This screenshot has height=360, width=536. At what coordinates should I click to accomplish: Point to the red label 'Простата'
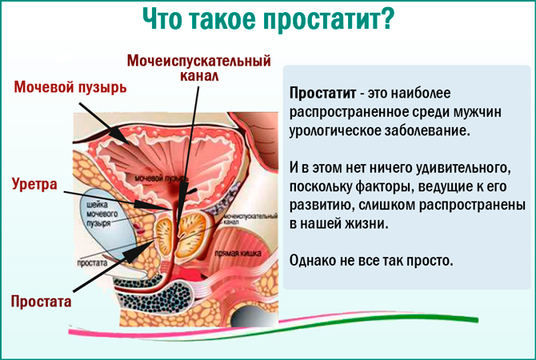click(x=41, y=302)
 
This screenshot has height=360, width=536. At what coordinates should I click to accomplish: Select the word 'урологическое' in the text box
click(x=337, y=130)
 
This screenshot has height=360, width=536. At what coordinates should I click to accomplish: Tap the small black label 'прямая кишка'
click(x=247, y=251)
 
